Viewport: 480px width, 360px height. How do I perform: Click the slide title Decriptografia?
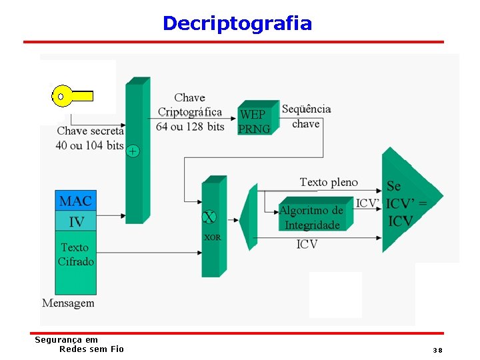237,24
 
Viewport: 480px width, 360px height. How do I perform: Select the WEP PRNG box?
255,121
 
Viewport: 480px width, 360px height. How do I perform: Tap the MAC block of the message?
75,201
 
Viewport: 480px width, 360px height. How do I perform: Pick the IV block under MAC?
76,221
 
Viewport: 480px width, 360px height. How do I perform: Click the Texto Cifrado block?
75,254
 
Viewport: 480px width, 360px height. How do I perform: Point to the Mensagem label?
68,303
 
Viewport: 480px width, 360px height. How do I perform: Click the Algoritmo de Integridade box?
312,217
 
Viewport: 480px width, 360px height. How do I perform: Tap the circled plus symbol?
133,151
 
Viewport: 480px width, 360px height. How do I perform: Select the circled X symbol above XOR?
209,217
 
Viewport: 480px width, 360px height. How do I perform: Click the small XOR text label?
212,237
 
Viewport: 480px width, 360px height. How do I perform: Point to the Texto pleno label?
329,182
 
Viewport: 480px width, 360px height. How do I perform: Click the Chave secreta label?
90,131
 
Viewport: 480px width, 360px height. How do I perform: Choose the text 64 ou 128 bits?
190,126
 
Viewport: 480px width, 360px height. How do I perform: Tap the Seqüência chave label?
306,116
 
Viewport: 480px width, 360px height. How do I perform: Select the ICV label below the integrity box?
307,245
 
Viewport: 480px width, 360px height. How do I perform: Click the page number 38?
437,350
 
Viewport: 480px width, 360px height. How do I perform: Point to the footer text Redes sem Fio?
91,349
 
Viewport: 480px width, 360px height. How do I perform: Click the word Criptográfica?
189,112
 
